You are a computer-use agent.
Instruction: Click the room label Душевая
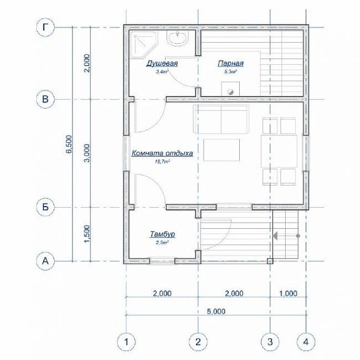(162, 63)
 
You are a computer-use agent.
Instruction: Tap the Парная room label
(230, 63)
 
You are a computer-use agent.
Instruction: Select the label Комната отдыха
(162, 153)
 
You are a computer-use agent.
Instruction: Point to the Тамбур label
(162, 234)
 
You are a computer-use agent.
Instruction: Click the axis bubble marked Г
(45, 28)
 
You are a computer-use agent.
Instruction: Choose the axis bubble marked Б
(45, 207)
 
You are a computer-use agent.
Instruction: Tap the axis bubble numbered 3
(270, 342)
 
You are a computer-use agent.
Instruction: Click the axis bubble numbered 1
(126, 342)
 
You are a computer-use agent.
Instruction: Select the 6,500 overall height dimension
(69, 144)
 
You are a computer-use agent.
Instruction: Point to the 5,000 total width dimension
(216, 311)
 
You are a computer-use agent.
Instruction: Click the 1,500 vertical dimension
(87, 234)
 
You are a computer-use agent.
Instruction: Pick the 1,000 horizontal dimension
(288, 294)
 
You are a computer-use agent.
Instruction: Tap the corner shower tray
(143, 44)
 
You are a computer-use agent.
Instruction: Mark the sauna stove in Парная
(230, 89)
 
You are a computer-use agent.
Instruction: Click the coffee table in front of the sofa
(222, 150)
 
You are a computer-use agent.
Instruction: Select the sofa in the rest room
(221, 119)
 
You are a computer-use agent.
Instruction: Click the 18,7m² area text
(162, 162)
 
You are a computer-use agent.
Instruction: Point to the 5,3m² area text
(230, 71)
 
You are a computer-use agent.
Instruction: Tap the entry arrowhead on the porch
(275, 236)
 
